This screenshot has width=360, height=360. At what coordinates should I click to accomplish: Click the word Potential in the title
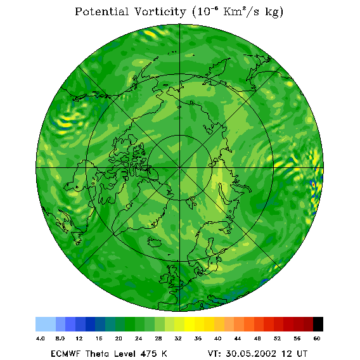click(101, 11)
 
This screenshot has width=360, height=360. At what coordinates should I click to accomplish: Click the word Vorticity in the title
click(160, 11)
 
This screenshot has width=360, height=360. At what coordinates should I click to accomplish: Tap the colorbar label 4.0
click(40, 338)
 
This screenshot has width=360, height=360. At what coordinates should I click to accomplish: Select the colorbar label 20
click(119, 338)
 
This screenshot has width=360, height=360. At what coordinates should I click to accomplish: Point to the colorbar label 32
click(178, 338)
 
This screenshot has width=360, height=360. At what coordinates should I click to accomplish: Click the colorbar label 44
click(238, 338)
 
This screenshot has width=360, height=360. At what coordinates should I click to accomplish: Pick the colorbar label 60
click(317, 338)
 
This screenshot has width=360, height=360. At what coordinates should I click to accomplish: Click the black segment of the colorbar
click(318, 324)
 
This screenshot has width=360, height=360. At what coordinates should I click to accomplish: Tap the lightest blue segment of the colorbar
click(46, 324)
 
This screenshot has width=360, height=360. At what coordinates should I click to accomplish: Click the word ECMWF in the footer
click(65, 354)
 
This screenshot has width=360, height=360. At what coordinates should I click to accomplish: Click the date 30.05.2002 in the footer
click(251, 354)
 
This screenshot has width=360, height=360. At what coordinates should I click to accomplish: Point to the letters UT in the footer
click(300, 354)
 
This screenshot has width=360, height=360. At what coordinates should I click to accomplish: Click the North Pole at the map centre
click(180, 168)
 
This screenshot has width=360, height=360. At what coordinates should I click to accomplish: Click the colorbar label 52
click(277, 338)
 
